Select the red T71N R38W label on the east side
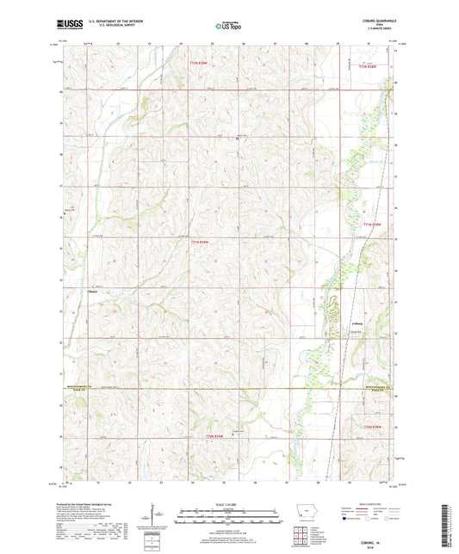tap(372, 225)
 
